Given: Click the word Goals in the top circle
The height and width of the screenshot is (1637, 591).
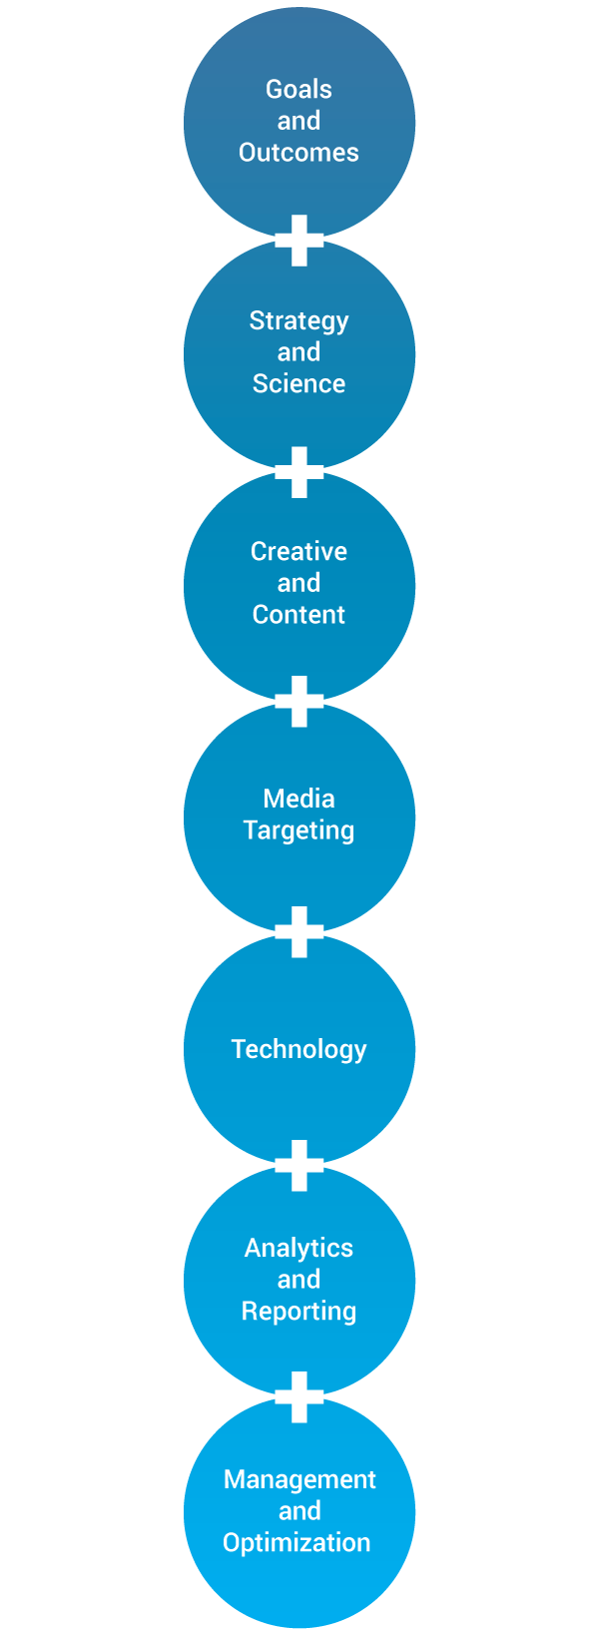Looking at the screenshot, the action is coord(298,89).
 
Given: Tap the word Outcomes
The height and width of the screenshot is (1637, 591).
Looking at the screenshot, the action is coord(298,152).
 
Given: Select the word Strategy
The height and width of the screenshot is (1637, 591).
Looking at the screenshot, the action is coord(298,321).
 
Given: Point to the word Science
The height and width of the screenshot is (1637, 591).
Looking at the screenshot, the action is coord(298,383).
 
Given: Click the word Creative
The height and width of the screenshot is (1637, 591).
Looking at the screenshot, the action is coord(298,551).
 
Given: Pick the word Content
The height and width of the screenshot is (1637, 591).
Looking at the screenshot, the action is coord(298,615).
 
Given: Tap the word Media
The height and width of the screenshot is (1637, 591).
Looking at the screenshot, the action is coord(298,799).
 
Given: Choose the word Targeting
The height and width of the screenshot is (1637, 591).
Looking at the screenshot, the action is coord(298,830).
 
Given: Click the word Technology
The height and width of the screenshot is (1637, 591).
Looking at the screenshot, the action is coord(298,1050).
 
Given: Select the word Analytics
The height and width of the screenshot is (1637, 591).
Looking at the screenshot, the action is coord(298,1249).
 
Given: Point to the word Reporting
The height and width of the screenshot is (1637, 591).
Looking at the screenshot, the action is coord(298,1312).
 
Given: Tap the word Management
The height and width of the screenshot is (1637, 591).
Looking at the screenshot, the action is coord(299,1480).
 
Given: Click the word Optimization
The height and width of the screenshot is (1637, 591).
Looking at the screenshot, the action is coord(296,1543).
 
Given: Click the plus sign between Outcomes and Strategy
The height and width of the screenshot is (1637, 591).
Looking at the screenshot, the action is coord(298,241).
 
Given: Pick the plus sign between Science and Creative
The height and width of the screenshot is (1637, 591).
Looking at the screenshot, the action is coord(298,472).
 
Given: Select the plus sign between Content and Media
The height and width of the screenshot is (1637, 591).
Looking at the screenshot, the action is coord(298,702).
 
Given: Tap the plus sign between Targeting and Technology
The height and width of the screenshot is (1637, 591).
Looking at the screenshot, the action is coord(298,931).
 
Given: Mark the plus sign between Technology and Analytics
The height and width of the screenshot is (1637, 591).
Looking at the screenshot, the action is coord(298,1166).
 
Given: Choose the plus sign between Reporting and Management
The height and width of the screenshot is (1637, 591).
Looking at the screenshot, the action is coord(298,1397).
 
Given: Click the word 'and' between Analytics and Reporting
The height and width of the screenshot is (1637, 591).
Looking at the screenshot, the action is coord(298,1280).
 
